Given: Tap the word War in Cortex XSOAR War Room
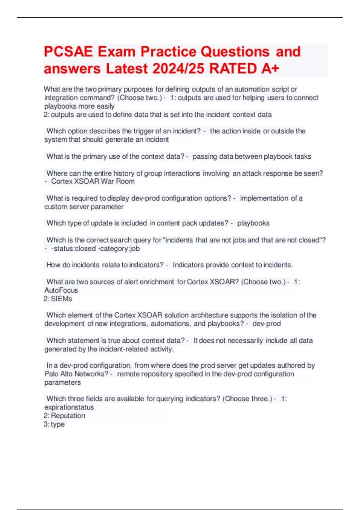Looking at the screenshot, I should [107, 181].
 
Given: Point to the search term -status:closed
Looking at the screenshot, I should [73, 249].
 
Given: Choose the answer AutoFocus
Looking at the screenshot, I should [61, 290].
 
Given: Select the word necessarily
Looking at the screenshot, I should [245, 341].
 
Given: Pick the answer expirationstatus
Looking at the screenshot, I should [69, 407].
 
